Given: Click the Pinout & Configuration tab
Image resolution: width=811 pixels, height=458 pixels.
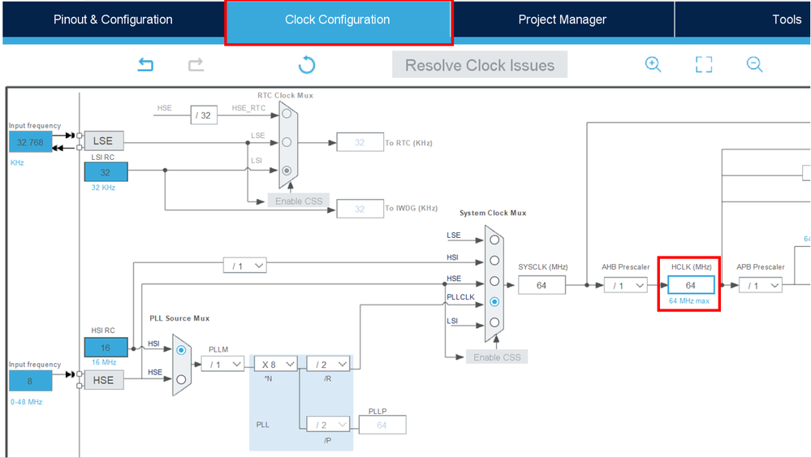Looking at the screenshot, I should (113, 19).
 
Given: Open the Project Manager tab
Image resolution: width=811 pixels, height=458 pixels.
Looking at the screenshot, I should (562, 19).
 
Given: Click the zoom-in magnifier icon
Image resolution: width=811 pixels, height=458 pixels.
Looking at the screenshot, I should (653, 65).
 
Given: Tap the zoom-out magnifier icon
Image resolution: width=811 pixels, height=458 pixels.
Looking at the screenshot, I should (754, 65).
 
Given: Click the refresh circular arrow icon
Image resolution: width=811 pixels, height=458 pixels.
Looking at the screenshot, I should (307, 65).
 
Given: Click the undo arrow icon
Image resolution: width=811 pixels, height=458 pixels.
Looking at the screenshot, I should (145, 65).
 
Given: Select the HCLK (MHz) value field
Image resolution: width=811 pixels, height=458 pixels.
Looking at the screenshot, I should (690, 285).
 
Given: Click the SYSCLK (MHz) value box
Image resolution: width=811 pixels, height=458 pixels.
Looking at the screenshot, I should (541, 285).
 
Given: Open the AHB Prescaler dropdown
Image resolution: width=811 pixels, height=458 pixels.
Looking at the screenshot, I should (625, 285).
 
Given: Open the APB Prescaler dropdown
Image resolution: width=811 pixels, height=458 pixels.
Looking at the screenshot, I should (760, 285).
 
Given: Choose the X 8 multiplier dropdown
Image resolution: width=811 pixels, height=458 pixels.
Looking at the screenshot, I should (276, 364).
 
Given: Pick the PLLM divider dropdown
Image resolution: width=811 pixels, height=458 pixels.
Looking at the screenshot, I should (222, 364).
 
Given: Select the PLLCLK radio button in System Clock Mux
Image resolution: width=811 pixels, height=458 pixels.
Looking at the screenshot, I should (494, 302).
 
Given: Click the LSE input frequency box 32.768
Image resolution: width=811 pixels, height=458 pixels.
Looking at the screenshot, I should (29, 142).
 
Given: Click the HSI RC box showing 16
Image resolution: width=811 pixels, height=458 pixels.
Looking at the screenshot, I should (106, 346).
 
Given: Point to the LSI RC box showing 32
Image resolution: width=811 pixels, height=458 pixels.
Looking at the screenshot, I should (106, 172).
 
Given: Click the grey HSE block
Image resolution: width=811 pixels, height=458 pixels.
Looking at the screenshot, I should (103, 380).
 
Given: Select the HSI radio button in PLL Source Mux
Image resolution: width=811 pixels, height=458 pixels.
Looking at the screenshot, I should (181, 350).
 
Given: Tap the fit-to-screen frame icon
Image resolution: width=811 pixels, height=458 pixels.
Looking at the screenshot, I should (704, 65).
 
